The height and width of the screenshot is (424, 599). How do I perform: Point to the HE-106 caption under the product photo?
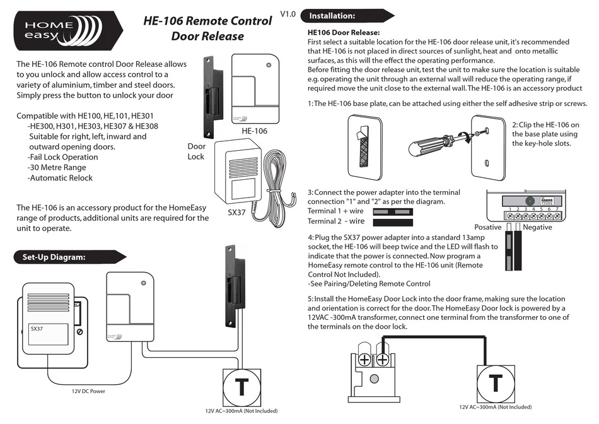(255, 131)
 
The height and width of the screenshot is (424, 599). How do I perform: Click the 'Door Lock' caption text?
(195, 151)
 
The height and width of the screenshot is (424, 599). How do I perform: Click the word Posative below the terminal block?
(487, 227)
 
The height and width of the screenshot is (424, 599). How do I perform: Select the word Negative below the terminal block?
(537, 227)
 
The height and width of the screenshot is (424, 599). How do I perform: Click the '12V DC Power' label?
(88, 391)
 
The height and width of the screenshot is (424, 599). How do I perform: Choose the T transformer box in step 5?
(496, 382)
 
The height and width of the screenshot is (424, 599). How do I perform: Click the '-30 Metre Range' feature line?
(57, 167)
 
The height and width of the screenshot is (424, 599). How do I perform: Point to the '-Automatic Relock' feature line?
(60, 178)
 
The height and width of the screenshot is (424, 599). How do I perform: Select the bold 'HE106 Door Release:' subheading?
(344, 32)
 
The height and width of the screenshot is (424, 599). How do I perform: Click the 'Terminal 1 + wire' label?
(337, 211)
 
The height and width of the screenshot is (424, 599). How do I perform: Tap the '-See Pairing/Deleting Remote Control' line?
(369, 284)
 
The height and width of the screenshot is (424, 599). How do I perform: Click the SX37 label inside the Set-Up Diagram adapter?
(37, 329)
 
